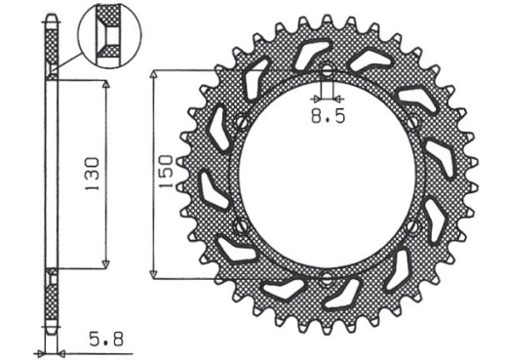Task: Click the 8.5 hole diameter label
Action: (x=326, y=117)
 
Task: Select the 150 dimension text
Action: (x=167, y=173)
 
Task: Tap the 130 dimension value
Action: (x=90, y=174)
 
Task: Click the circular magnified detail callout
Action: (x=109, y=35)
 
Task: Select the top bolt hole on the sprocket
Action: (x=327, y=72)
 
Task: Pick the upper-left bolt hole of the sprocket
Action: (x=240, y=123)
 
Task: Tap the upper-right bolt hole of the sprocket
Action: (x=413, y=123)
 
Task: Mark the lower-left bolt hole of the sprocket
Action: (x=240, y=225)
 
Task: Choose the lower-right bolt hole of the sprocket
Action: (x=413, y=225)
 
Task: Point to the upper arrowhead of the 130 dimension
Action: (x=105, y=85)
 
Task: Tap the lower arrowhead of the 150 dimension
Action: (x=155, y=272)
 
